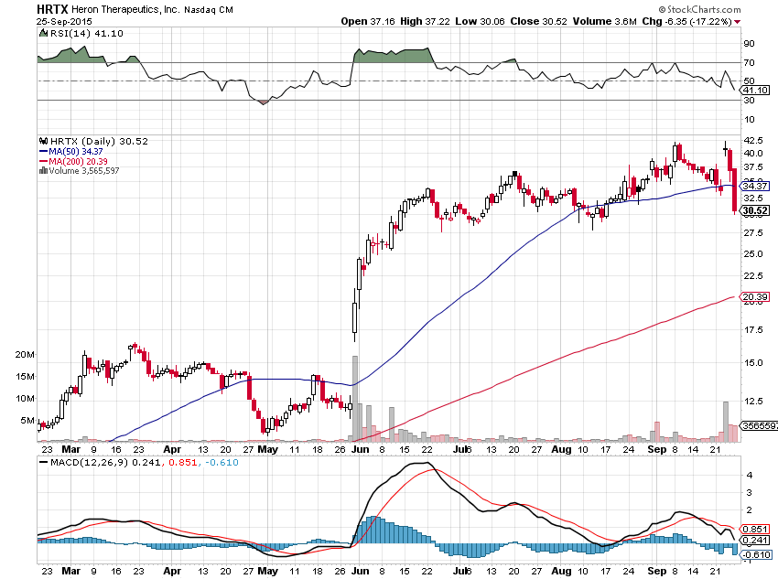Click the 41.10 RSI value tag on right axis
pyautogui.click(x=756, y=91)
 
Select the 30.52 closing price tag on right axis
pyautogui.click(x=756, y=210)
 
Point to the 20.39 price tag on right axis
pyautogui.click(x=756, y=296)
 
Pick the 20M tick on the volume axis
pyautogui.click(x=25, y=354)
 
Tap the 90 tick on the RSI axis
pyautogui.click(x=749, y=43)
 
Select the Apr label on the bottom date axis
pyautogui.click(x=172, y=569)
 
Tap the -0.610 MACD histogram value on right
pyautogui.click(x=756, y=554)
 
